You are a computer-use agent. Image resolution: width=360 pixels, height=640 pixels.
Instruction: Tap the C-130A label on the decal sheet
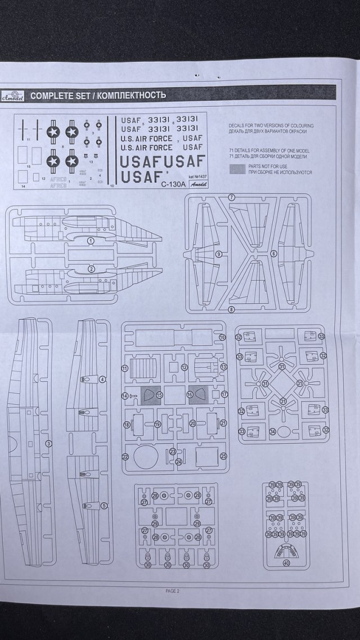172,183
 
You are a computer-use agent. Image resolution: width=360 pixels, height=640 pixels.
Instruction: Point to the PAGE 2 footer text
172,591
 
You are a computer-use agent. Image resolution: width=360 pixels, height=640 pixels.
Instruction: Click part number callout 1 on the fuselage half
91,241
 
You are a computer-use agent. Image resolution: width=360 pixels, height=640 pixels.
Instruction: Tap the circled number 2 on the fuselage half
91,269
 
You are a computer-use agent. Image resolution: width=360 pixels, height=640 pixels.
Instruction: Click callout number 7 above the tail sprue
231,197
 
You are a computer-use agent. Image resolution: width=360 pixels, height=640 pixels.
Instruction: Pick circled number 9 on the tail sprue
218,254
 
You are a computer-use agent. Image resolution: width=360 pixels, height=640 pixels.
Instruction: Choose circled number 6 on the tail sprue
273,254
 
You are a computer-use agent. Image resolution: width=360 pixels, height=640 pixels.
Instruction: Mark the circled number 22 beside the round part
125,457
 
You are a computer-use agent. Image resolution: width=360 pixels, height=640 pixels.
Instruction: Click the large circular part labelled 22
145,457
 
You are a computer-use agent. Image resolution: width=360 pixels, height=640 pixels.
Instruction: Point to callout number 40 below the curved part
286,563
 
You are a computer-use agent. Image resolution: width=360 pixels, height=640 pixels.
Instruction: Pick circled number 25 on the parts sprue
223,456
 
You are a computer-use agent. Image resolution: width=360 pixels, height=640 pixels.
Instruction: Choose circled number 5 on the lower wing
103,505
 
